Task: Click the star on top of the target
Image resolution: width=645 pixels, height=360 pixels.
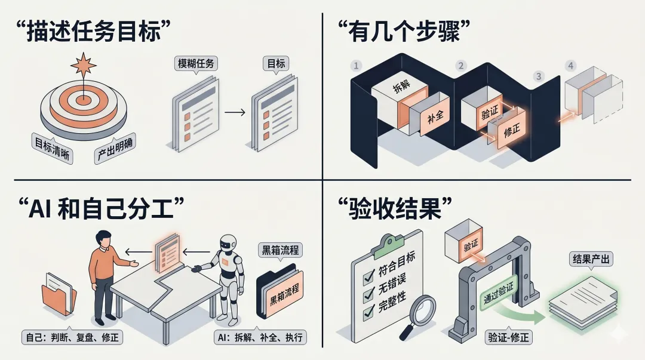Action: point(83,64)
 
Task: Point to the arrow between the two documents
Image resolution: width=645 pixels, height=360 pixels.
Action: point(235,112)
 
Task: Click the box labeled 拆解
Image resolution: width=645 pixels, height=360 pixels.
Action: point(401,89)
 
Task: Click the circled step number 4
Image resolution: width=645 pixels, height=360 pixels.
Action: point(572,64)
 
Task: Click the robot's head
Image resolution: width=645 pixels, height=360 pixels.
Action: point(228,244)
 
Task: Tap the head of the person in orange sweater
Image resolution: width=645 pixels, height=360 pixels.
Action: point(104,239)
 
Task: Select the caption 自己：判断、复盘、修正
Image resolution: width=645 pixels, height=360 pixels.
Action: point(71,337)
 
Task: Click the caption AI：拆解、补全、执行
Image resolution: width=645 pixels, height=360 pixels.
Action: point(260,337)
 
